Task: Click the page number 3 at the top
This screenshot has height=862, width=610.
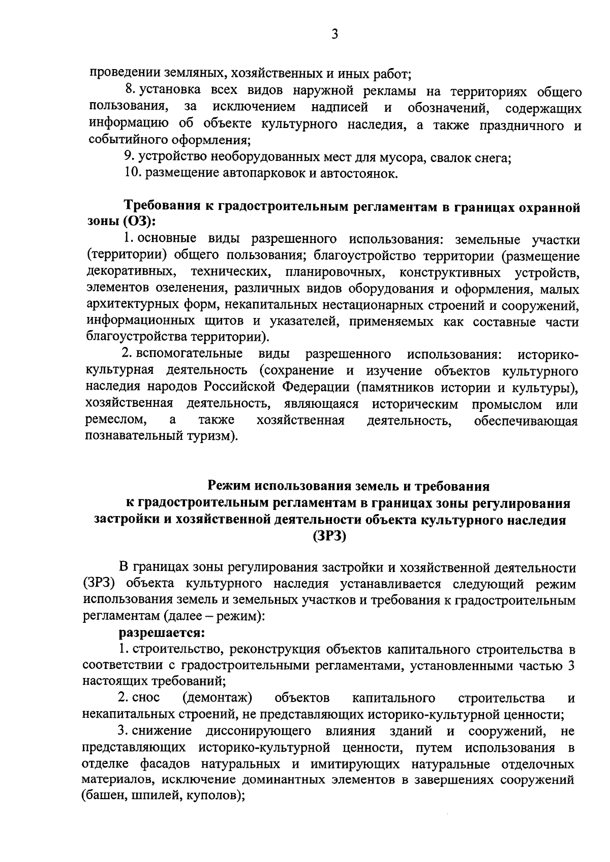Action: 334,34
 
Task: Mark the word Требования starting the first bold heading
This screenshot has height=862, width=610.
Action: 162,206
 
